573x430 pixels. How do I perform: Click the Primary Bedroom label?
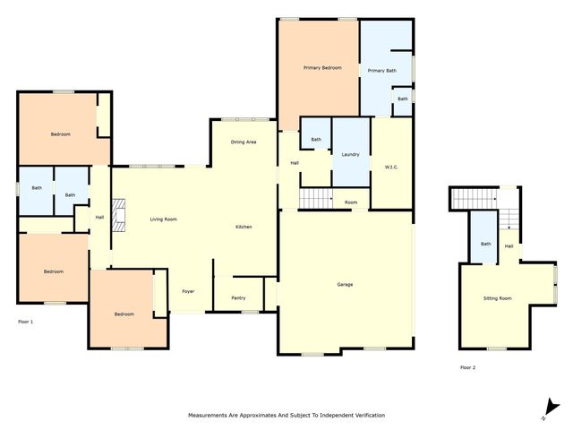[x=322, y=68]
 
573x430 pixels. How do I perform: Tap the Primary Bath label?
[x=381, y=70]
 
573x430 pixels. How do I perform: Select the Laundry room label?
[x=351, y=154]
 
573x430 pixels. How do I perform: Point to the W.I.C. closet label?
[x=391, y=167]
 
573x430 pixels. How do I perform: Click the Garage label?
[x=345, y=285]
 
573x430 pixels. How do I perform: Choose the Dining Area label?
[x=244, y=142]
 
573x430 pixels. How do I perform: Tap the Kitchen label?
[x=244, y=228]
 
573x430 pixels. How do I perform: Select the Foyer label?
[x=188, y=291]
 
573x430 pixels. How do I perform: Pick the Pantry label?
[x=238, y=297]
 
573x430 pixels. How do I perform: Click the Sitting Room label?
[x=498, y=297]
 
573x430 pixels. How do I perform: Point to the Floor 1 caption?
[x=26, y=321]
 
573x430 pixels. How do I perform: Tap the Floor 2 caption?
[x=468, y=367]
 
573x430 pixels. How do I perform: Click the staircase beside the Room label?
[x=314, y=199]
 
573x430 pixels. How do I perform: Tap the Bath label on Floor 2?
[x=485, y=244]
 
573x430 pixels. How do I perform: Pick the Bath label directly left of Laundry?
[x=316, y=140]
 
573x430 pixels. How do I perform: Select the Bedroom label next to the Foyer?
[x=124, y=314]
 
